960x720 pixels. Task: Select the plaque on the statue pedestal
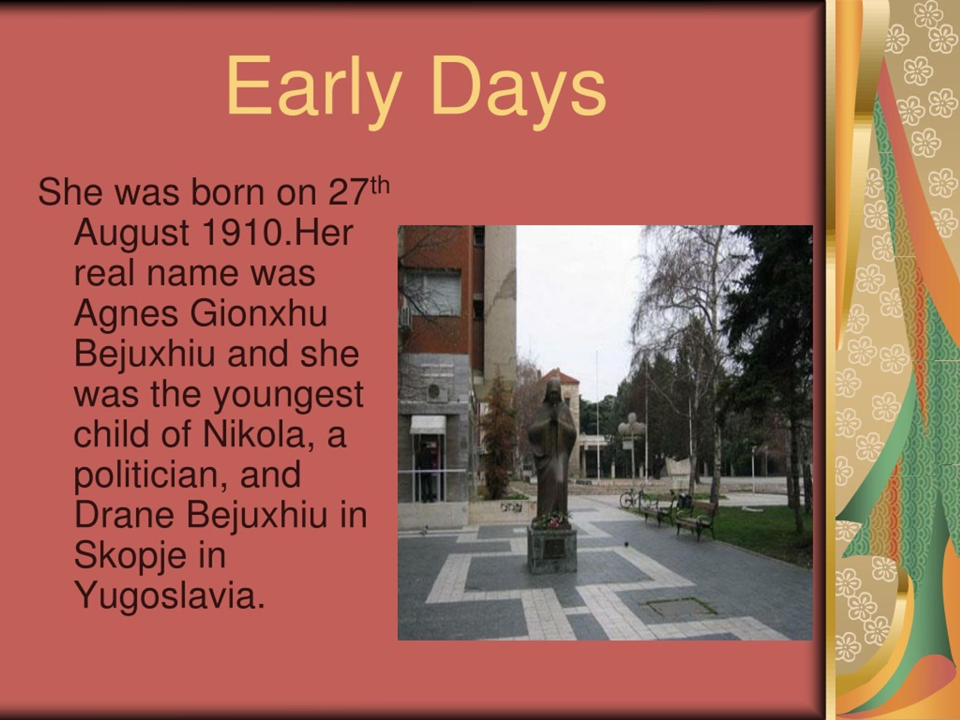[553, 548]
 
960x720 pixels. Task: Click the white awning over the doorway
[428, 424]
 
